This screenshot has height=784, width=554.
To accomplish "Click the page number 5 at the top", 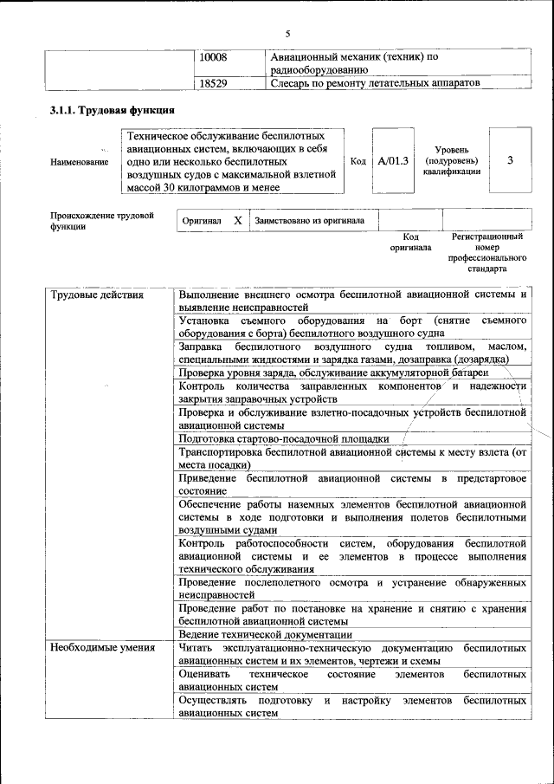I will pos(287,34).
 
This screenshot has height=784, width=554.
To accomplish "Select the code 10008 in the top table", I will pos(213,57).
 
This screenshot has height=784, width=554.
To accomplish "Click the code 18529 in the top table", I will pos(213,83).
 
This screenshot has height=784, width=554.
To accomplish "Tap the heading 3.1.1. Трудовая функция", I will pos(113,110).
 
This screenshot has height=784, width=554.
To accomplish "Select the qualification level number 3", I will pos(510,160).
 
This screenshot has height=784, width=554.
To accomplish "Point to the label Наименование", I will pos(80,161).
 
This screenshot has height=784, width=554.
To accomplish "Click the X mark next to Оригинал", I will pos(237,221).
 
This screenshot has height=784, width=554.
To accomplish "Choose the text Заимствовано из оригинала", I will pos(309,221).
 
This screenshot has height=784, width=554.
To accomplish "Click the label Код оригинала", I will pos(411,242).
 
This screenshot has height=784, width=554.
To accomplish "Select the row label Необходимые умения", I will pos(102,647).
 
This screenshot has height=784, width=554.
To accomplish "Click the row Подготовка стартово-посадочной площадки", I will pos(283,438).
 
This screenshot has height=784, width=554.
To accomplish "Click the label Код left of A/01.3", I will pos(358,161).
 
